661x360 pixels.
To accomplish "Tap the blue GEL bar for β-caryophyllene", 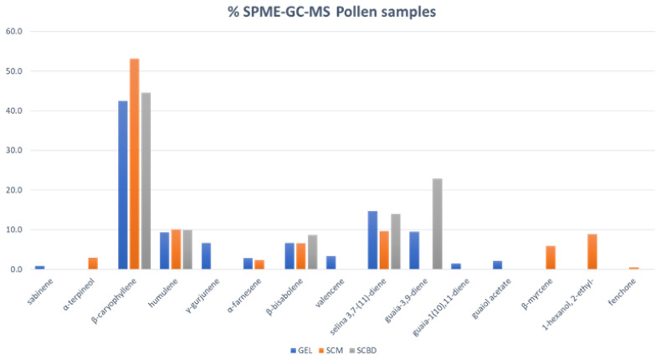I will coord(123,185).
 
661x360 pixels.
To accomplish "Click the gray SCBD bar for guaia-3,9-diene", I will coord(437,224).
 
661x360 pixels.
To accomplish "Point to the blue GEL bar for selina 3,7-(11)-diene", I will coord(373,240).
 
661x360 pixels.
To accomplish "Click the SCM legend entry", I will coord(329,349).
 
